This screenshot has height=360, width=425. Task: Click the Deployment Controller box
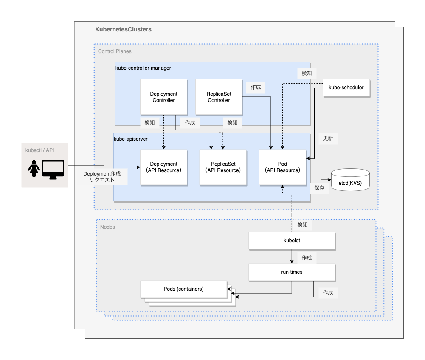click(x=163, y=97)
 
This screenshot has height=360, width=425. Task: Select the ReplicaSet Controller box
click(x=219, y=97)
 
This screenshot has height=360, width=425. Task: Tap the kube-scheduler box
click(x=346, y=88)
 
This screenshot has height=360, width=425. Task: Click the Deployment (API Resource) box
click(x=163, y=167)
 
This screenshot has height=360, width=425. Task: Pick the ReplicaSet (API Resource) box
click(x=223, y=167)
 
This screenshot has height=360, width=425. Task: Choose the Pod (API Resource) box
click(x=282, y=167)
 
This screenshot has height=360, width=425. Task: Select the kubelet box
click(x=292, y=241)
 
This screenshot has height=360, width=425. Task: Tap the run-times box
click(x=292, y=272)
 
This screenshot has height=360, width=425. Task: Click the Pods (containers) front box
click(x=183, y=289)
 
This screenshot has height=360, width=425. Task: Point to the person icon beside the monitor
click(x=34, y=169)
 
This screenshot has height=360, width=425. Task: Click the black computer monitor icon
click(x=53, y=169)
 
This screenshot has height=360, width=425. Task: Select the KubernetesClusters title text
click(x=123, y=30)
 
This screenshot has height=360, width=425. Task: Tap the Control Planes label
click(x=115, y=51)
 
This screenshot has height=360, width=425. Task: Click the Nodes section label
click(x=107, y=227)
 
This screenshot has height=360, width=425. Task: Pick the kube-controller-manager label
click(x=143, y=68)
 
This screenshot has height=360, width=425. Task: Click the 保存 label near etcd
click(x=320, y=188)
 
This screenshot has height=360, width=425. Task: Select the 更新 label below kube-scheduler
click(x=328, y=139)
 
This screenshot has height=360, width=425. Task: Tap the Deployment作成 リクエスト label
click(x=102, y=177)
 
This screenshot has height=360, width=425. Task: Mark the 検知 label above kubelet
click(x=302, y=224)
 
